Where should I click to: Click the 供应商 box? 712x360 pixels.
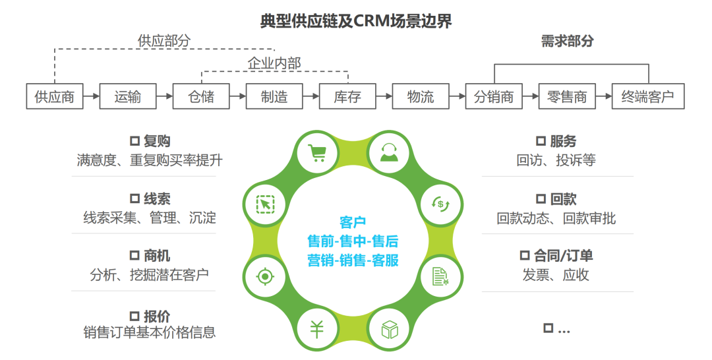point(54,96)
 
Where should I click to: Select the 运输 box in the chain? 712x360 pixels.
point(128,96)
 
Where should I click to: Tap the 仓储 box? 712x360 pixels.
point(201,96)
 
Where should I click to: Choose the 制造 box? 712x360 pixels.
point(274,96)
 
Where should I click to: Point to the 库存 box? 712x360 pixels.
point(347,96)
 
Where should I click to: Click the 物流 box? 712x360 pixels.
point(421,96)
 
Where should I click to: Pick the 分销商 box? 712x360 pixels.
point(494,96)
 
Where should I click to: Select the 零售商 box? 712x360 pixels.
point(567,96)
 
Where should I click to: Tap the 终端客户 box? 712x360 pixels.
point(647,96)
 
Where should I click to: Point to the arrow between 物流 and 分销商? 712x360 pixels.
point(458,96)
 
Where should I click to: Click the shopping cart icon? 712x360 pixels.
point(318,152)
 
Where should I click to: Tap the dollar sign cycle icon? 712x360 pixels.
point(440,203)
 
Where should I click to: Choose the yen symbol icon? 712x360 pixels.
point(318,328)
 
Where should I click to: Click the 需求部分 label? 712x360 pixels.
point(567,41)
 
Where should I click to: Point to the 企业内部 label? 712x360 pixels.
point(274,63)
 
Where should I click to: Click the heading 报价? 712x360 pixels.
point(150,316)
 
